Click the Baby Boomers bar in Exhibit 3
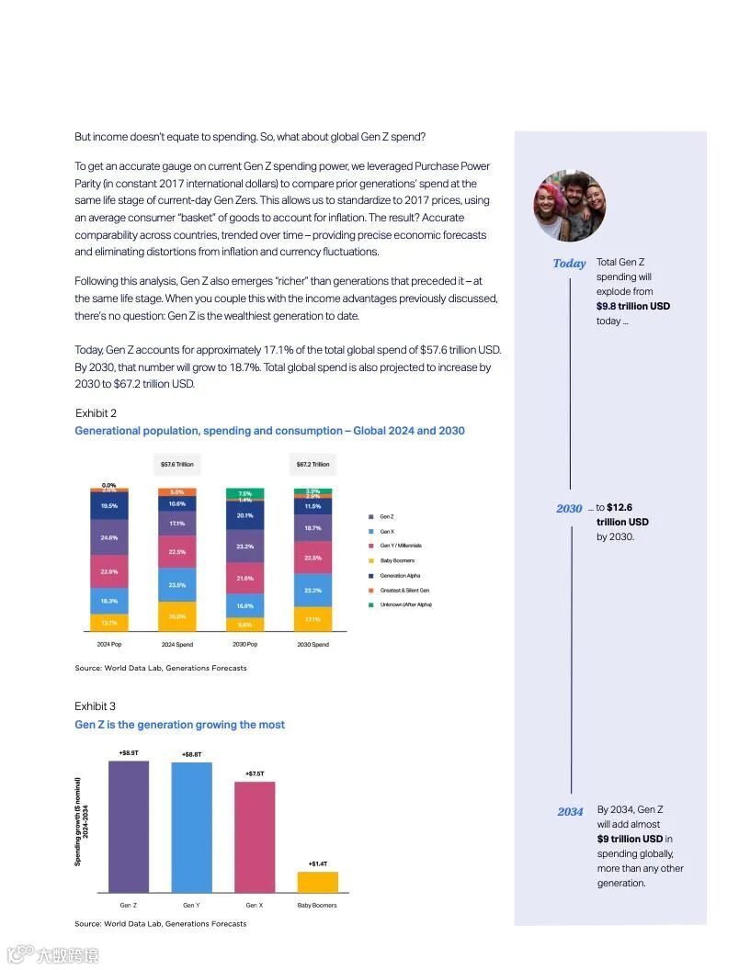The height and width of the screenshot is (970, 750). click(317, 882)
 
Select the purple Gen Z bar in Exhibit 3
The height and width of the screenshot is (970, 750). click(129, 826)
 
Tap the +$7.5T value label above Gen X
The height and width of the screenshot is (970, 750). click(255, 773)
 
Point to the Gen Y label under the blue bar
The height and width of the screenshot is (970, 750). click(191, 906)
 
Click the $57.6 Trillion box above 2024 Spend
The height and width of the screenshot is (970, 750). click(176, 465)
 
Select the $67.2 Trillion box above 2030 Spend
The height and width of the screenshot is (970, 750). click(312, 465)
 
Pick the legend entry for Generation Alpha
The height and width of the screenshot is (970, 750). click(399, 576)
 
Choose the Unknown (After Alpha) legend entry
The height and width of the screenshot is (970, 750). click(404, 604)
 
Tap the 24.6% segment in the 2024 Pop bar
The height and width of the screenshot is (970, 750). click(108, 537)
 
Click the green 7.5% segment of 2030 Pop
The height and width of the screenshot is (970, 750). click(245, 493)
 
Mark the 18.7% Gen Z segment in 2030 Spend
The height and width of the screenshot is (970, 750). click(312, 529)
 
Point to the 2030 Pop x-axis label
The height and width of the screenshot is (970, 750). click(245, 645)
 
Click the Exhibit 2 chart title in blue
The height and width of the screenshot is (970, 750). click(269, 431)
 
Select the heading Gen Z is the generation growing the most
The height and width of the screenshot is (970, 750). click(179, 725)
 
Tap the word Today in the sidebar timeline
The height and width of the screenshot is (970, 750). click(569, 264)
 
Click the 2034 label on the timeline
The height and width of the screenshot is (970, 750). click(570, 812)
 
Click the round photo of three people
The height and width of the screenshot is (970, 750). click(570, 206)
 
